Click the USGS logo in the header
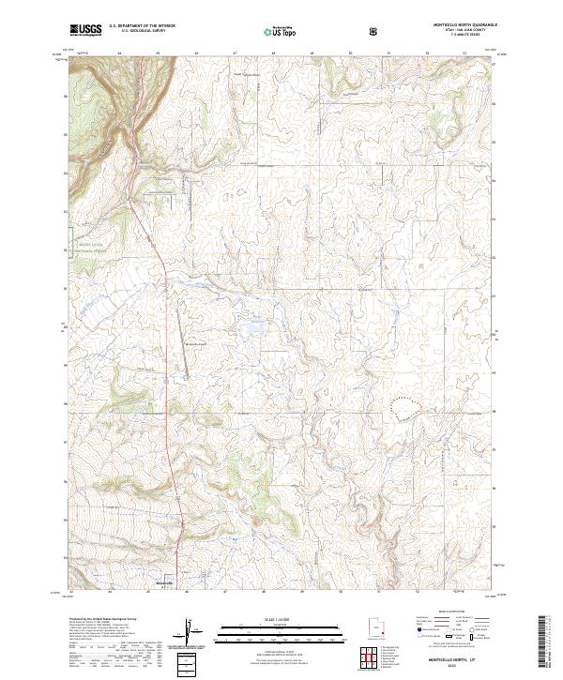point(86,30)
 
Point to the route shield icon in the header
point(375,31)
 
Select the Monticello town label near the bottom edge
point(164,583)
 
